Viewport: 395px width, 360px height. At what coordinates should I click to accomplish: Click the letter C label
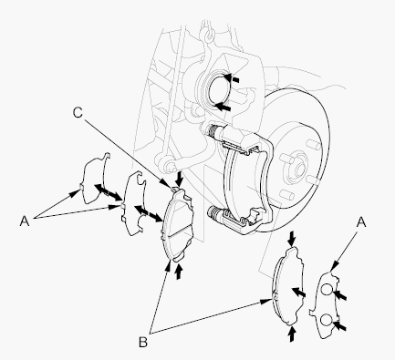(78, 113)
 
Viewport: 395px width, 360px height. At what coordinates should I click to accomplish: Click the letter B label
(143, 343)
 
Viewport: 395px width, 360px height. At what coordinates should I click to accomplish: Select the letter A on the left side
(25, 221)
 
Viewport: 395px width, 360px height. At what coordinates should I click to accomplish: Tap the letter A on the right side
(361, 222)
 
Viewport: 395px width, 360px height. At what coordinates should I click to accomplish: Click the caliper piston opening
(219, 89)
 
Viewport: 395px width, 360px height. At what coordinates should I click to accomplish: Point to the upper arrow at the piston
(232, 77)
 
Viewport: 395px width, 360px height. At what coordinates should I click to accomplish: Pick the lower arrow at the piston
(223, 107)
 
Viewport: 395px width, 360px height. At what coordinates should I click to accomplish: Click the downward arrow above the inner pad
(180, 179)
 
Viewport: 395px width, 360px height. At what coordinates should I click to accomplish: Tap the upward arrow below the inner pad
(179, 272)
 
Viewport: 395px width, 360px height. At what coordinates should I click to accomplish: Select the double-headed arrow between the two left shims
(107, 192)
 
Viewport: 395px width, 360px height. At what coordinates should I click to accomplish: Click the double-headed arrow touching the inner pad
(148, 213)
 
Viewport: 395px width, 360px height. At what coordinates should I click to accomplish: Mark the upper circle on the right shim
(327, 290)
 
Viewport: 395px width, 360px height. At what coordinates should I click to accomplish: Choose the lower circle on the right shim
(327, 320)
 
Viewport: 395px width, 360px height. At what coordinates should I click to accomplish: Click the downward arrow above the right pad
(292, 239)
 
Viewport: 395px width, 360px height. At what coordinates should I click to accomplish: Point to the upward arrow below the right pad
(292, 334)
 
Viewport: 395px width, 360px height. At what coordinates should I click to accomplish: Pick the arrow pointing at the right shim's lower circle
(340, 325)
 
